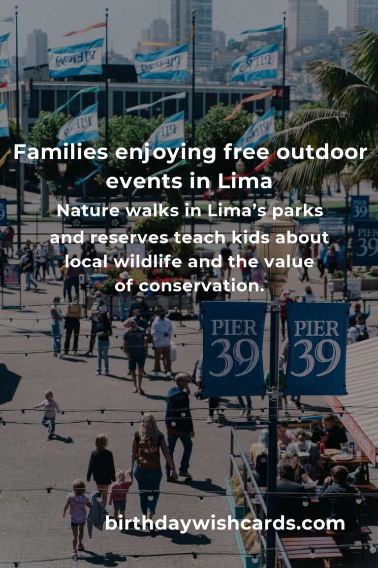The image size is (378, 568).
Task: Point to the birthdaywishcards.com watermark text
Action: [x=225, y=524]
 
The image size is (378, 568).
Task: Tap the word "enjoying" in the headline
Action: [x=166, y=153]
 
